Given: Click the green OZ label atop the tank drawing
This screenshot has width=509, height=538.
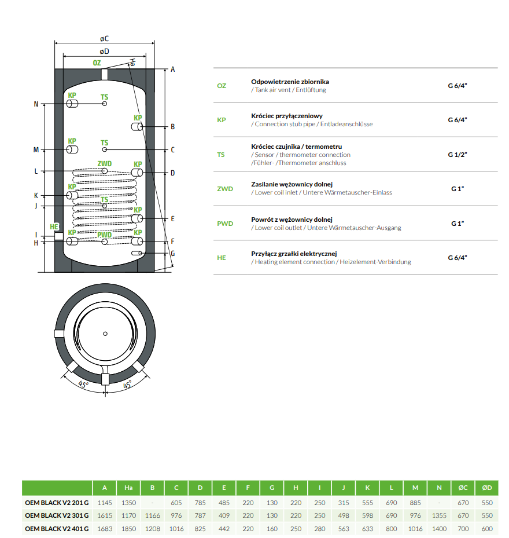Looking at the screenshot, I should [x=97, y=63].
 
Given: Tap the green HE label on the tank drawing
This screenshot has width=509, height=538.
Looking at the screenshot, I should [x=54, y=226].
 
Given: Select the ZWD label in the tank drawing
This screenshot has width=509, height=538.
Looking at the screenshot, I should [x=104, y=164].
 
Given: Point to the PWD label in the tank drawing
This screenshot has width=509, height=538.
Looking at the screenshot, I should [x=104, y=235].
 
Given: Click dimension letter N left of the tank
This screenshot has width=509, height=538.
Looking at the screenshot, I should [x=36, y=104].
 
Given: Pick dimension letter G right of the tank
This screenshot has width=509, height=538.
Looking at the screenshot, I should [x=172, y=253].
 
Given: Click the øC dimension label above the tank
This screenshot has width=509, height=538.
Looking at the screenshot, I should [x=104, y=38].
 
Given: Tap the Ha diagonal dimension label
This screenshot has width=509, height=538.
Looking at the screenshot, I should [x=133, y=61].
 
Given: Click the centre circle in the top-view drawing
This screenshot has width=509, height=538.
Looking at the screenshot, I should [x=105, y=334].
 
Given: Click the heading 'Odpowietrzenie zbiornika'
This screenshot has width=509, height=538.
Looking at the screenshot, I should [x=290, y=82].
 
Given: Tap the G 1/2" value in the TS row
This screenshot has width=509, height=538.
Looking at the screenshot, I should [x=457, y=155].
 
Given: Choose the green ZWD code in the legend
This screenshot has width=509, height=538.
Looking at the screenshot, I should [x=225, y=189].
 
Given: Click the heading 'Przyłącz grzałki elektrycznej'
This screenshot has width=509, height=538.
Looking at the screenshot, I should [x=294, y=254].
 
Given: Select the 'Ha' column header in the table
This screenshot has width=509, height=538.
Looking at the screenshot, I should [x=128, y=488].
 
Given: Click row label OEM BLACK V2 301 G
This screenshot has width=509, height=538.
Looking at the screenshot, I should [x=57, y=515].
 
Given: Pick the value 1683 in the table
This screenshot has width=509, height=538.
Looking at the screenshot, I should [x=104, y=529].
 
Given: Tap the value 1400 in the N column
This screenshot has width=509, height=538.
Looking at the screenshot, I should [x=439, y=529].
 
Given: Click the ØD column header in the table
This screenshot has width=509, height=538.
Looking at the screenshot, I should [x=486, y=488].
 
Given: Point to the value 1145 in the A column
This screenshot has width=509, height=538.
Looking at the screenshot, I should [x=104, y=502].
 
